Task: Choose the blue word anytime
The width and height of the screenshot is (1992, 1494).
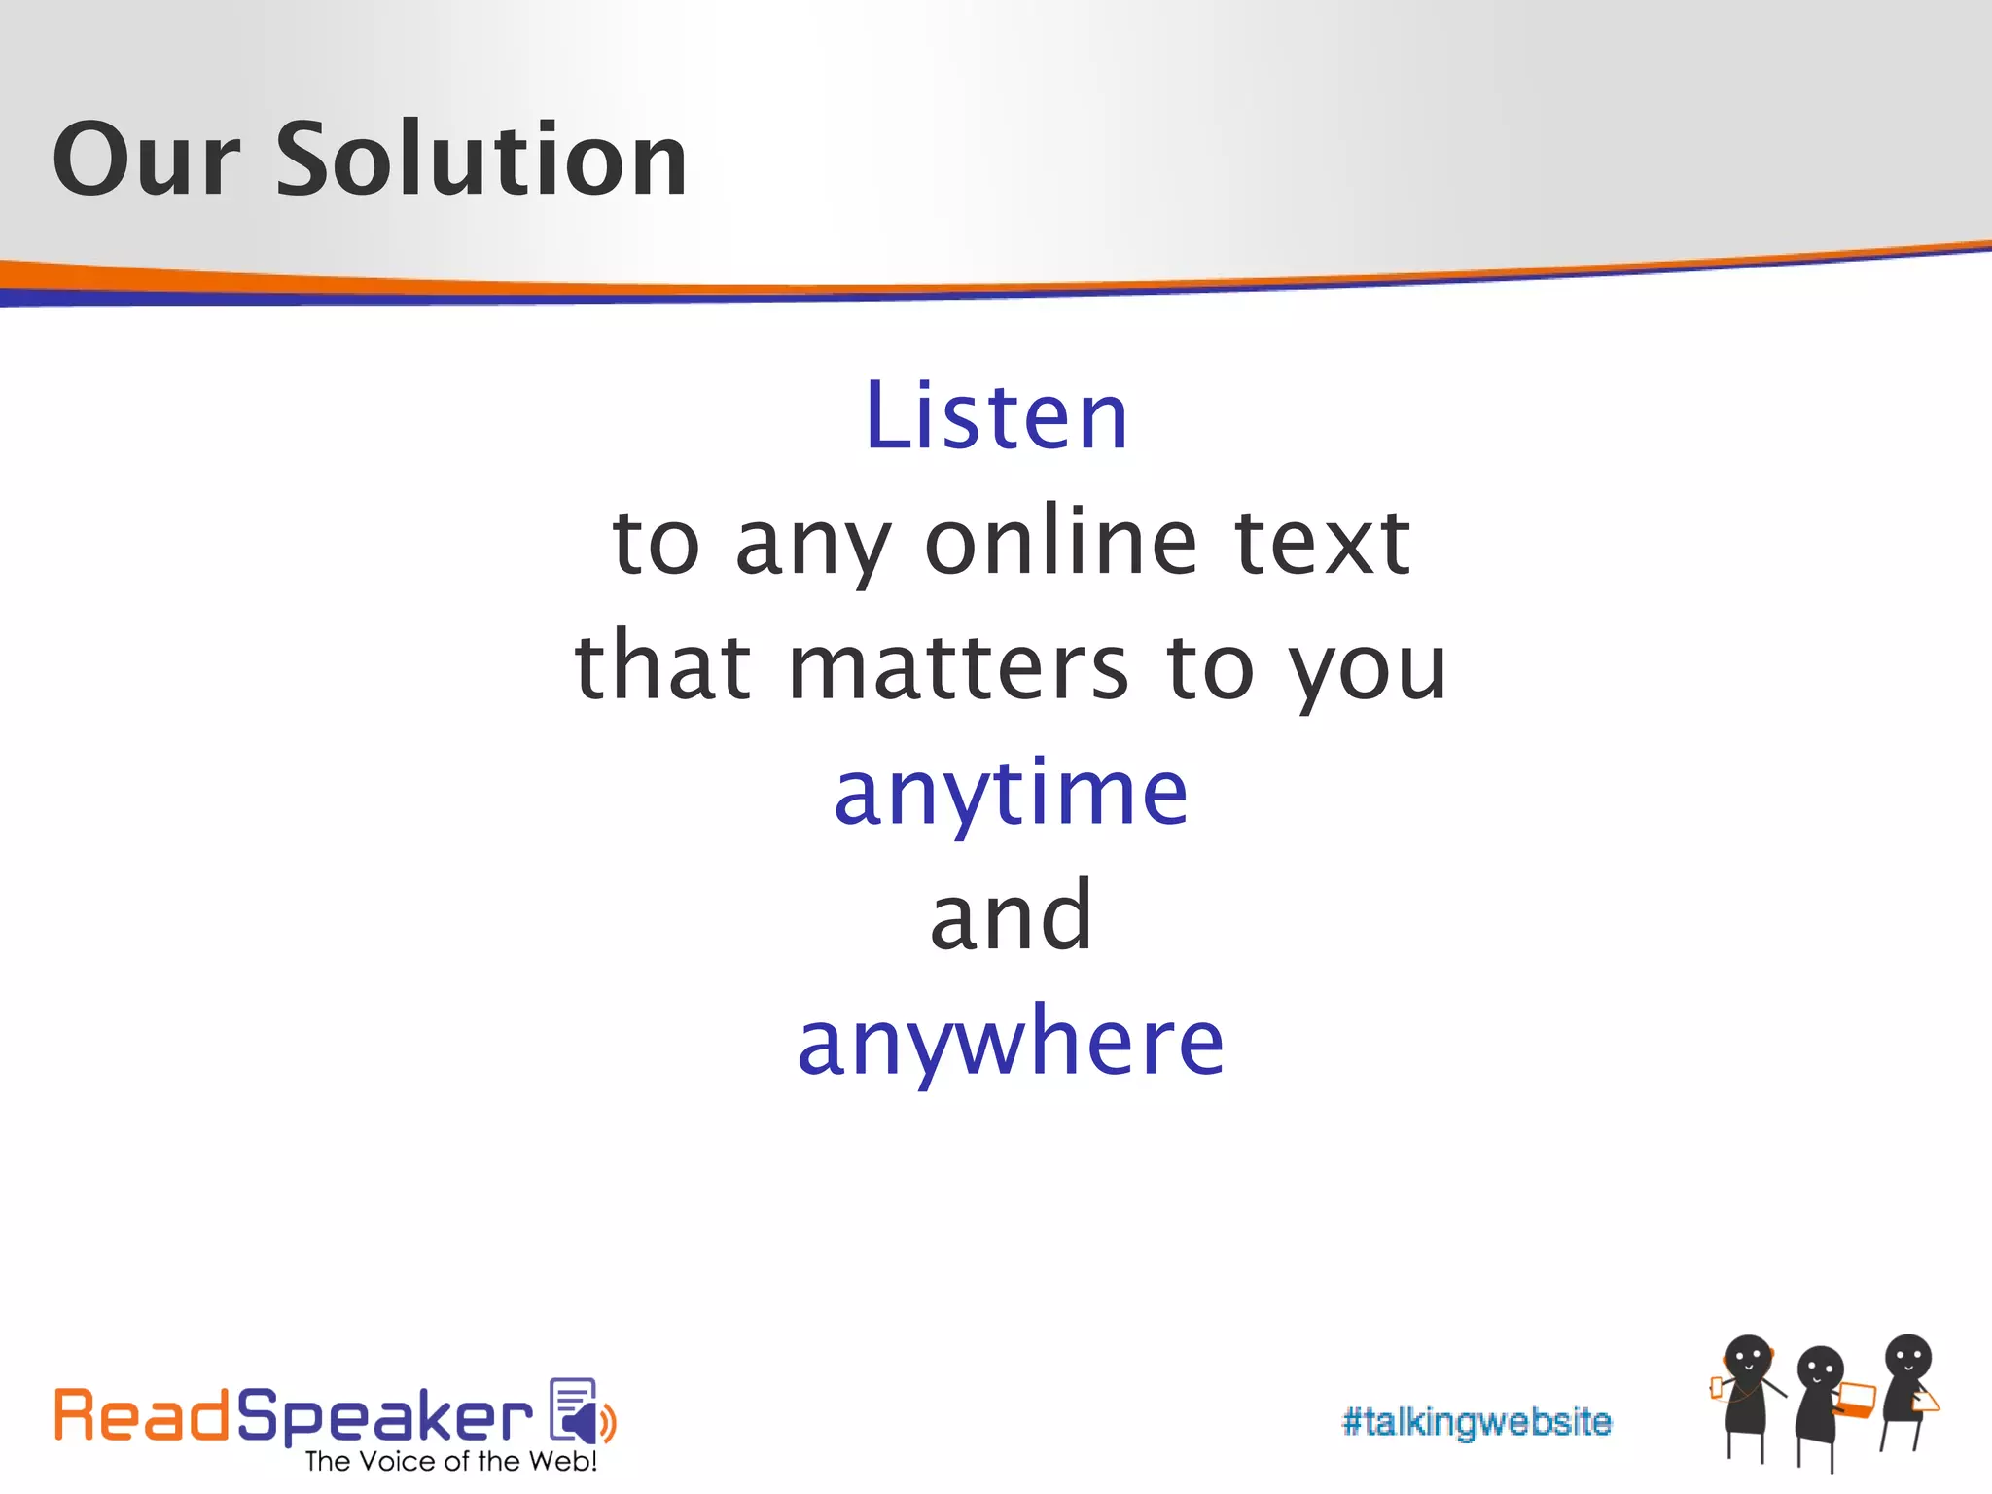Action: tap(1011, 794)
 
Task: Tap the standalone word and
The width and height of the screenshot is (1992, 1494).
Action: tap(1011, 916)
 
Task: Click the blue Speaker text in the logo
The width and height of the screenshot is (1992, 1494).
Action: tap(384, 1418)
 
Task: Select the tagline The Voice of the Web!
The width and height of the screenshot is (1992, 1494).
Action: tap(450, 1462)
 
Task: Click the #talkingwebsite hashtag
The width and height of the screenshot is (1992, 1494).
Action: tap(1476, 1422)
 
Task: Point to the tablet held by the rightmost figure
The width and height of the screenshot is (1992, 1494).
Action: tap(1925, 1402)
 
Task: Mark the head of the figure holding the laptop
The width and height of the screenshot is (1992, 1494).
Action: tap(1821, 1369)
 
